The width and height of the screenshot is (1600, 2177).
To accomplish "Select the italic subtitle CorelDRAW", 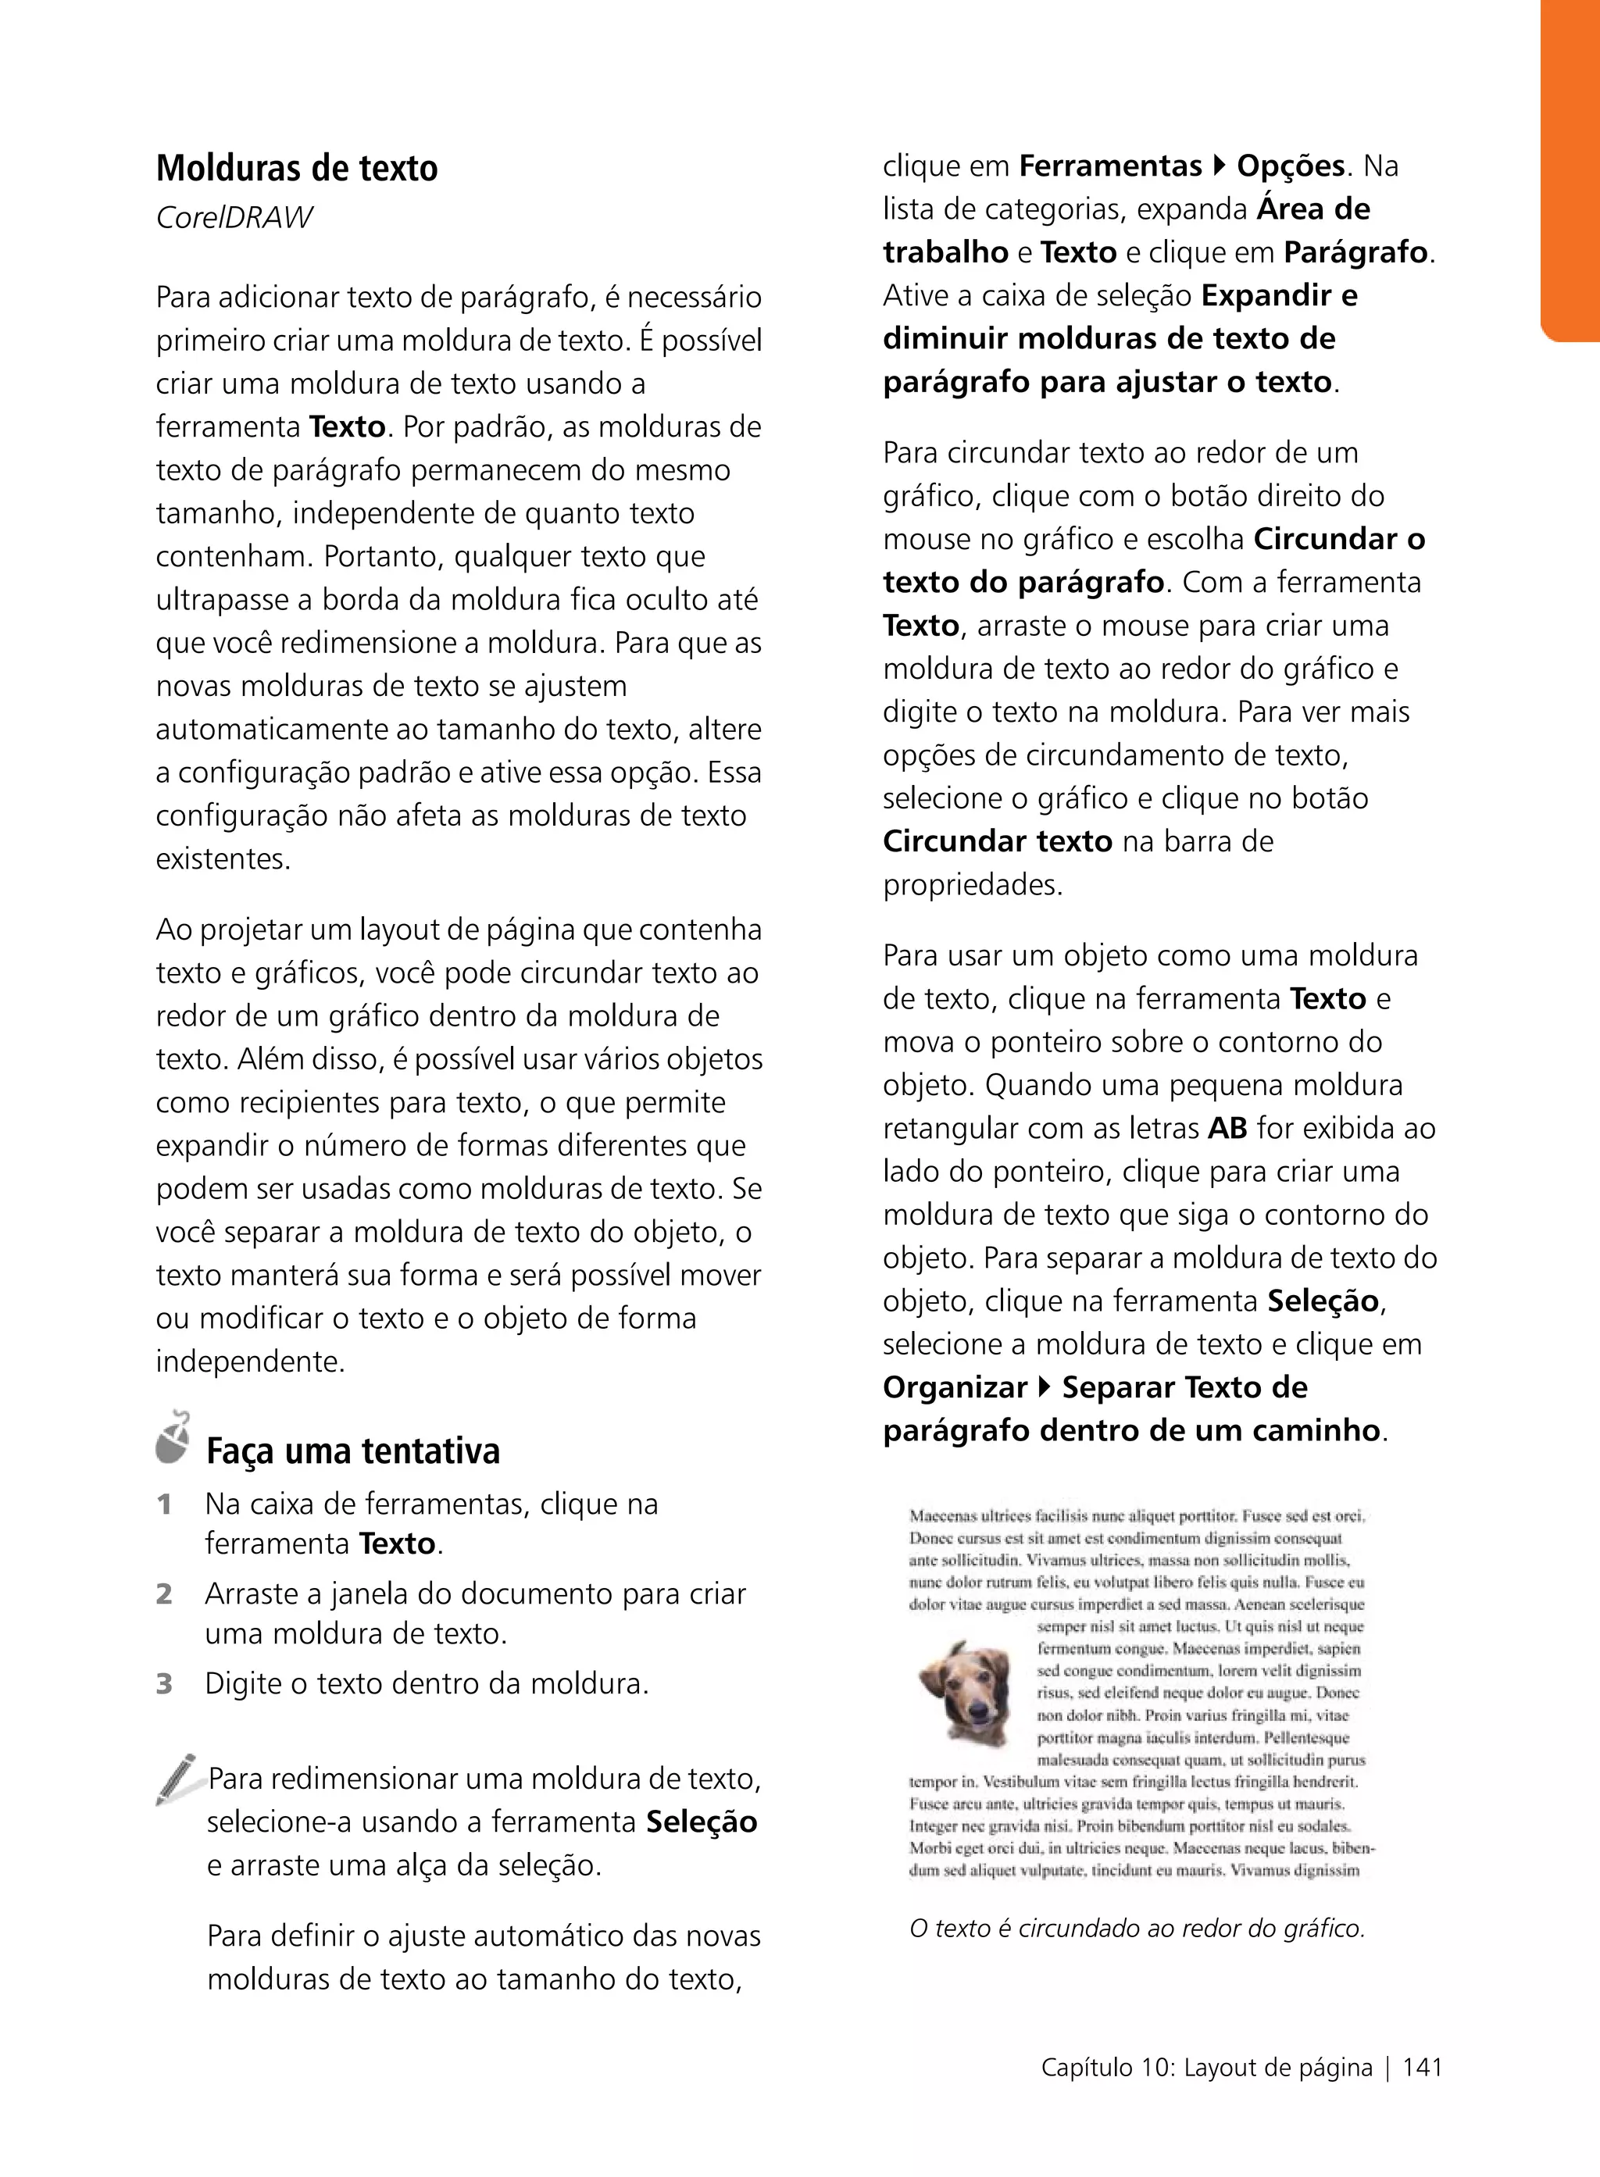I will pos(234,218).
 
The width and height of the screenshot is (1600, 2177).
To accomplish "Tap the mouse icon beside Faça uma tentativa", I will pos(173,1437).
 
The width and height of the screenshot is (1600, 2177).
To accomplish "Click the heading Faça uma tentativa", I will pos(352,1451).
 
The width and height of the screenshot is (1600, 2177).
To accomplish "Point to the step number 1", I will pos(165,1504).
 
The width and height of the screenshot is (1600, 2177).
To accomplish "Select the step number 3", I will pos(165,1683).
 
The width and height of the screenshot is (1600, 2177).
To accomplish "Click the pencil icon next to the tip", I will pos(177,1779).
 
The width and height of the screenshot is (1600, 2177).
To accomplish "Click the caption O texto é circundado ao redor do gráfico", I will pos(1136,1928).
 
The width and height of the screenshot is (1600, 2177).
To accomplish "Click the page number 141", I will pos(1422,2068).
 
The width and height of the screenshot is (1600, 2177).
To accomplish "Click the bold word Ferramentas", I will pos(1110,166).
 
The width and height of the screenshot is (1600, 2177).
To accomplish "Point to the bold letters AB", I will pos(1227,1128).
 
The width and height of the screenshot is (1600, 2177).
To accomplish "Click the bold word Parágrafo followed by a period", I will pos(1356,253).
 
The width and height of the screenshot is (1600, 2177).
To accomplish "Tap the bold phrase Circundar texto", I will pos(997,840).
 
